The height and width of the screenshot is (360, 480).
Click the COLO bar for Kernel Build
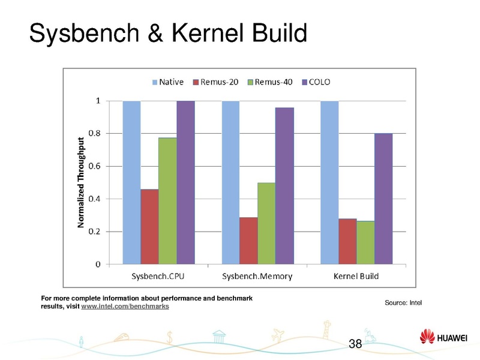(x=383, y=198)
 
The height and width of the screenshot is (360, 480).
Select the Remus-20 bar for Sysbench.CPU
(x=149, y=226)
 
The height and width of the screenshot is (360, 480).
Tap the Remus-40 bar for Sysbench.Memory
(x=266, y=223)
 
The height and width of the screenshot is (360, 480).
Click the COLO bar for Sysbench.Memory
(x=284, y=185)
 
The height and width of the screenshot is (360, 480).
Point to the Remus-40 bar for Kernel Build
(x=365, y=242)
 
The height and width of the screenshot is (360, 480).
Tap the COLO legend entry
(x=315, y=82)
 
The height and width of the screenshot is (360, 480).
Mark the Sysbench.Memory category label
(x=257, y=276)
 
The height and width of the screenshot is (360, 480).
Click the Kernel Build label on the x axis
(x=356, y=276)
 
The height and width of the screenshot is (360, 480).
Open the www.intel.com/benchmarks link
(x=125, y=307)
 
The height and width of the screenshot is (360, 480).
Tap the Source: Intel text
(x=403, y=302)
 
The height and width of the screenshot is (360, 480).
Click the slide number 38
(x=355, y=344)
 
